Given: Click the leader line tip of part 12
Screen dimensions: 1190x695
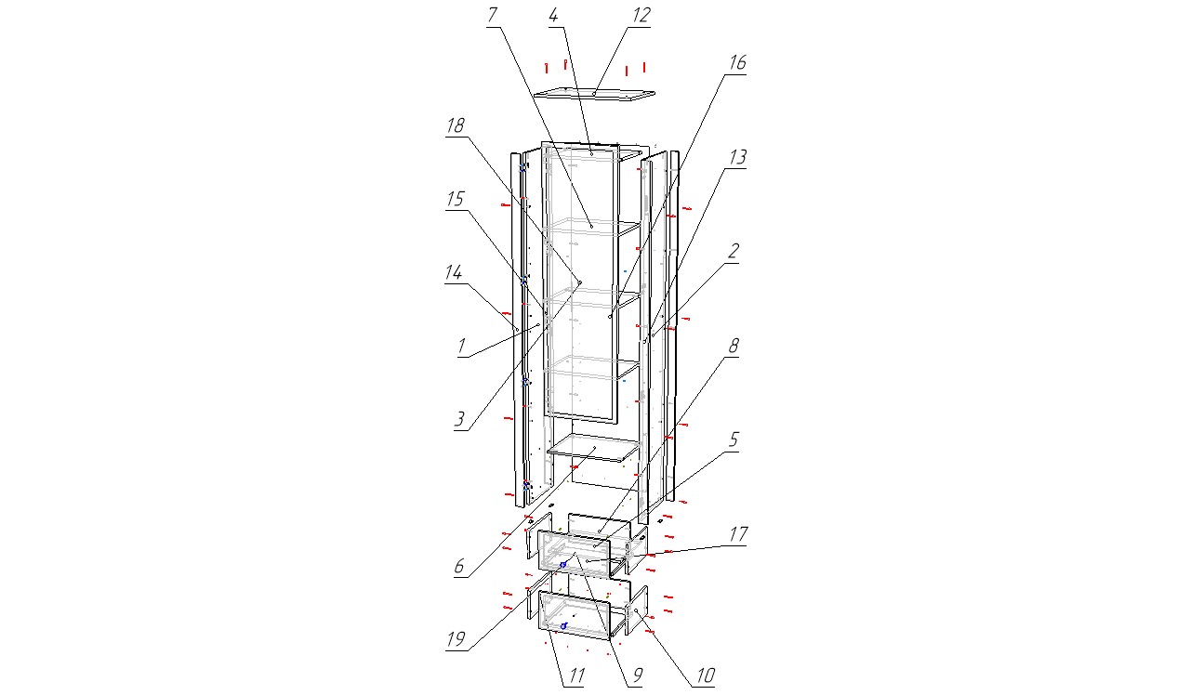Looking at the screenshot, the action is point(594,94).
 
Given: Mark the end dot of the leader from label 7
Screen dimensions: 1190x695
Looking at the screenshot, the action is point(591,227).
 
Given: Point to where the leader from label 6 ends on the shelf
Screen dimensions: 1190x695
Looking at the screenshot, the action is point(595,448).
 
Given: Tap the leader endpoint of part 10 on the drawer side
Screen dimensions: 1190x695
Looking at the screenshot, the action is point(635,610).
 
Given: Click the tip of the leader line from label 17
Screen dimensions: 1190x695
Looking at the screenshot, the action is point(588,561).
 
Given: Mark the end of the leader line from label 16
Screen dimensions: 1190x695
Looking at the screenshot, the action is point(611,317).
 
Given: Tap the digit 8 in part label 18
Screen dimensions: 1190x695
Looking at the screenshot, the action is point(459,125).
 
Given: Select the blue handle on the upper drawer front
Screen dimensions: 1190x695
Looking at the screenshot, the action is point(563,564).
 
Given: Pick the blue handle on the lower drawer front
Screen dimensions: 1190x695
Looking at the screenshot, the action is point(563,626).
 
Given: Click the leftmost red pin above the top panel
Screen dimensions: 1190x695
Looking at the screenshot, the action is point(546,68).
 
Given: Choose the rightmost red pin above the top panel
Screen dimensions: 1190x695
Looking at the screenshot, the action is point(644,67).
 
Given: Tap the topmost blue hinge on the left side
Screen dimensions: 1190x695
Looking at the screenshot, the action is point(522,168).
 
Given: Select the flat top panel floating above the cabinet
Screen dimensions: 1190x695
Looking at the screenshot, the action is point(594,94).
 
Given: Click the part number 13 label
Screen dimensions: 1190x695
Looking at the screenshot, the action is point(737,157).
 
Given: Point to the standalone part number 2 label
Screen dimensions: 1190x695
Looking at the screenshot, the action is point(734,251).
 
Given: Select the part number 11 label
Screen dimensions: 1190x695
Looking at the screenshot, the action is point(577,675).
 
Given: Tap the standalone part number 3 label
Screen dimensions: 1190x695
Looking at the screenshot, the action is point(460,419).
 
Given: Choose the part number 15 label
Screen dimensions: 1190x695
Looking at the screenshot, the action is point(456,199).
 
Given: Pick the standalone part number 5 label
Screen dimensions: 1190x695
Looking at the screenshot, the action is point(734,439).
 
